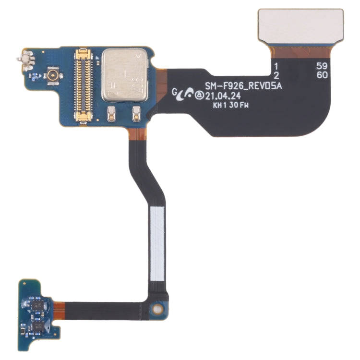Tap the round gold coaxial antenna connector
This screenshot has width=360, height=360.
click(x=50, y=75)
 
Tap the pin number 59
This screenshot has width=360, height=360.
click(x=321, y=66)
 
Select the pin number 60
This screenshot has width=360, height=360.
click(x=321, y=75)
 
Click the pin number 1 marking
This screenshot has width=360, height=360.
click(x=276, y=66)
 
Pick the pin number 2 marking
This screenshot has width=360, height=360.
click(x=276, y=75)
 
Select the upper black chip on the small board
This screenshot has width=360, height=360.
click(x=37, y=303)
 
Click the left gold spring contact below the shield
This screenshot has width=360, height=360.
click(x=111, y=113)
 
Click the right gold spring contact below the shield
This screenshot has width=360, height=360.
click(x=135, y=113)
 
